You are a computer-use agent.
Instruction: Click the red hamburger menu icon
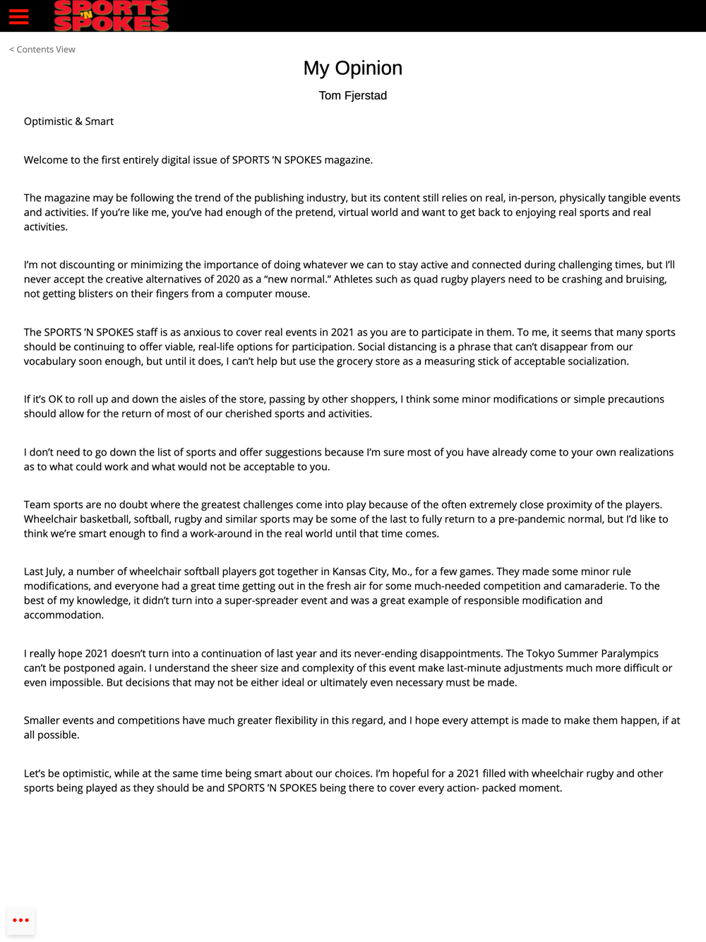pyautogui.click(x=19, y=16)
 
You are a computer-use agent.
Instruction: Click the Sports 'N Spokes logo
pyautogui.click(x=112, y=16)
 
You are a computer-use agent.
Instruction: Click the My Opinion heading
pyautogui.click(x=353, y=68)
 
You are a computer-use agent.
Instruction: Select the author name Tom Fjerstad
pyautogui.click(x=353, y=95)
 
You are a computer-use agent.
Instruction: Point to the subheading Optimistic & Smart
pyautogui.click(x=68, y=121)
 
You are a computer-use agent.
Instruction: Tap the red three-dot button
pyautogui.click(x=21, y=920)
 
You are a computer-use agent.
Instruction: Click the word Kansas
pyautogui.click(x=351, y=572)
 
